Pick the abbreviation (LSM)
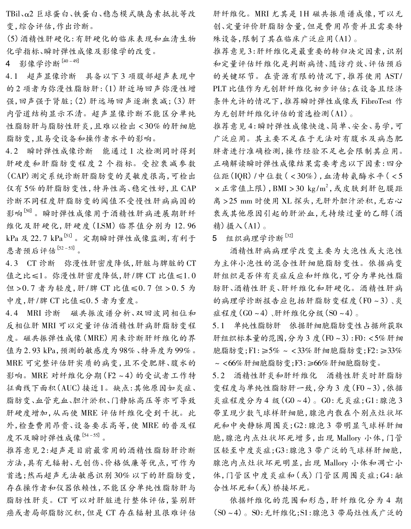click(x=103, y=225)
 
